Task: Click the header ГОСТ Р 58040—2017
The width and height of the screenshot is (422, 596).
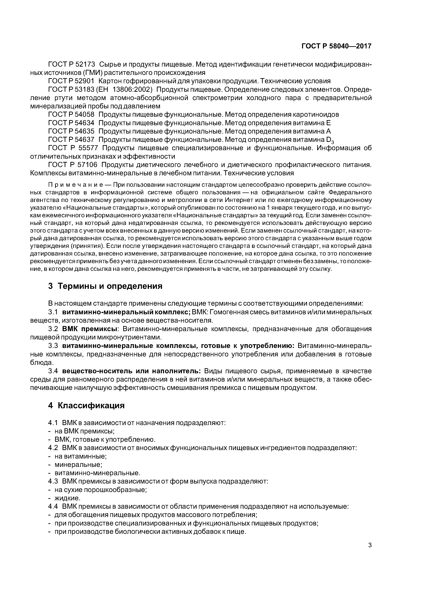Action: pyautogui.click(x=336, y=46)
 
